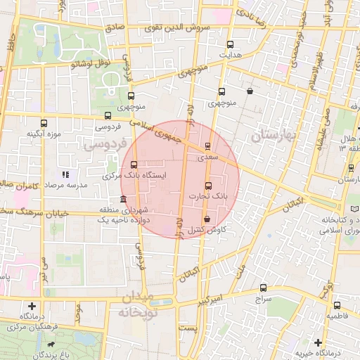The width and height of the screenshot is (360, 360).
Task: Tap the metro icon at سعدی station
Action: (x=207, y=146)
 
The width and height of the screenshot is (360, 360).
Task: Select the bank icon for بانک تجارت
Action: (x=207, y=186)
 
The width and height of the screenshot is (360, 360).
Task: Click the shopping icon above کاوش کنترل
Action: (x=205, y=218)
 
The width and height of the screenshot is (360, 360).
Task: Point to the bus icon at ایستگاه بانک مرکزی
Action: (x=134, y=165)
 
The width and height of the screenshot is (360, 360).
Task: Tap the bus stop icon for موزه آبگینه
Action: (x=44, y=123)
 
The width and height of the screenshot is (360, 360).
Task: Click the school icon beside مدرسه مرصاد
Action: (x=65, y=174)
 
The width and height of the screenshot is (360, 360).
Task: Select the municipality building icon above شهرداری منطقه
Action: (x=124, y=200)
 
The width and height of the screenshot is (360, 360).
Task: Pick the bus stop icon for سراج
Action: (x=264, y=288)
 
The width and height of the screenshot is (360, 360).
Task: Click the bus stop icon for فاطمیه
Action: (x=337, y=305)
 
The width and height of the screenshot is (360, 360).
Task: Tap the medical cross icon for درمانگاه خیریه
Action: (x=319, y=342)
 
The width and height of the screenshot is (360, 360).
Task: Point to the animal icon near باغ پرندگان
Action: (x=52, y=346)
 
